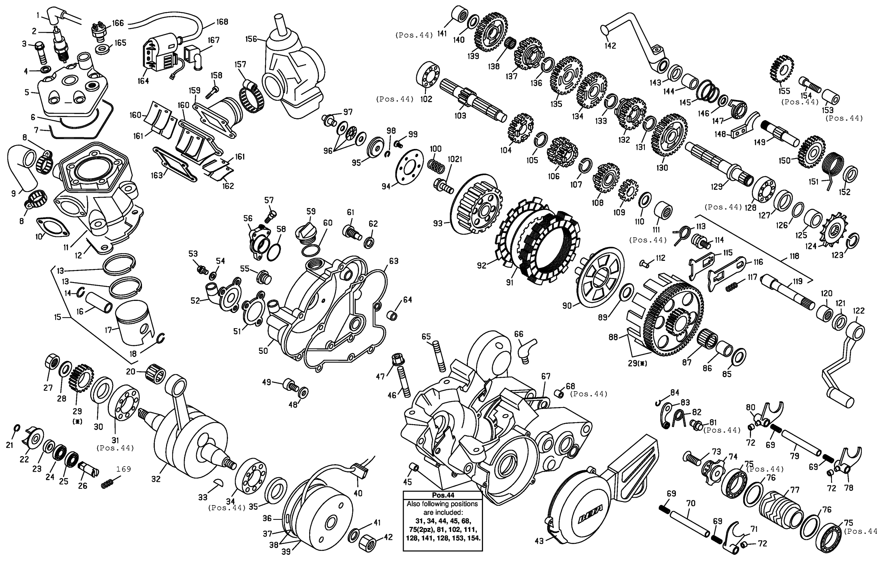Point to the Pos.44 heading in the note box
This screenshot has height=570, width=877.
[443, 495]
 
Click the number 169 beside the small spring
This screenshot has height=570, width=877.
[124, 469]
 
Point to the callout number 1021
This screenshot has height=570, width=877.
[455, 159]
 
